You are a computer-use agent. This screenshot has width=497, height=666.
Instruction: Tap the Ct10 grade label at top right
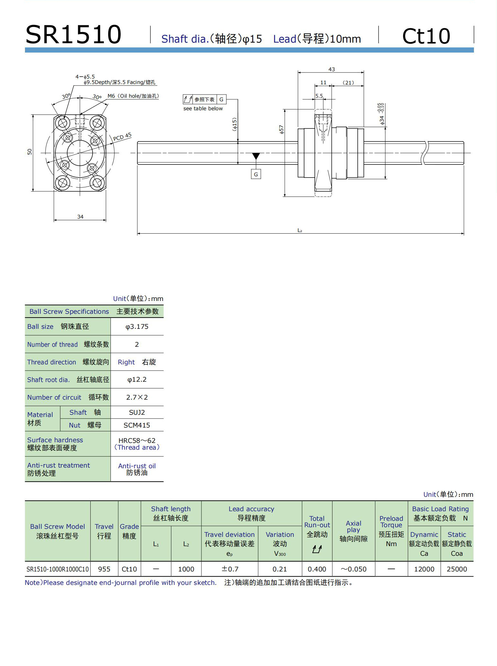pos(426,36)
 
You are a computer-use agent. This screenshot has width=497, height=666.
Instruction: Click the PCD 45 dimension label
pos(122,137)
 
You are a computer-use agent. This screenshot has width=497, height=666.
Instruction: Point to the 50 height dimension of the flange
pos(30,152)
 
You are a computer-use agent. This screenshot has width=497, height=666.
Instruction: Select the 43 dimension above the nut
pos(331,69)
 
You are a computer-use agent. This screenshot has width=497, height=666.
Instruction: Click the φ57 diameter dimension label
pos(281,129)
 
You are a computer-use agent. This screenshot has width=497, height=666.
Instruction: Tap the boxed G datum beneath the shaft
pos(256,174)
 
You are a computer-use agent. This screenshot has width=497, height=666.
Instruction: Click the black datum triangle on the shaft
pos(256,156)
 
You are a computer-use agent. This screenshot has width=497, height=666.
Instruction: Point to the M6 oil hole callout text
pos(133,96)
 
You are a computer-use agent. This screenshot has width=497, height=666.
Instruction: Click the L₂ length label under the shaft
pos(300,230)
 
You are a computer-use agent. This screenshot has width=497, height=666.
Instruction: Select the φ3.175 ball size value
pos(137,327)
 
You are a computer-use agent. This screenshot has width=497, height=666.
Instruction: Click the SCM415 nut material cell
pos(137,425)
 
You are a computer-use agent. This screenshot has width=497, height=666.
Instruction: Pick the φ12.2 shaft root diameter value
pos(137,379)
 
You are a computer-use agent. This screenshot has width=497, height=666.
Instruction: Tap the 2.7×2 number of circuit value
pos(137,397)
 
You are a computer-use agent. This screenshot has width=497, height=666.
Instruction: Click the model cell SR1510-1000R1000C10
pos(58,569)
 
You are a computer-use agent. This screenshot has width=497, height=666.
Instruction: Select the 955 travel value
pos(104,569)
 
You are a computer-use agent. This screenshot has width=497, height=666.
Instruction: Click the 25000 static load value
pos(457,569)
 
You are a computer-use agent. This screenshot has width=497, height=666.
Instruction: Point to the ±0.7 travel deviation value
pos(230,569)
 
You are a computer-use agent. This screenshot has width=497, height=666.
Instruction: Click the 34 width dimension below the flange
pos(80,217)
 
